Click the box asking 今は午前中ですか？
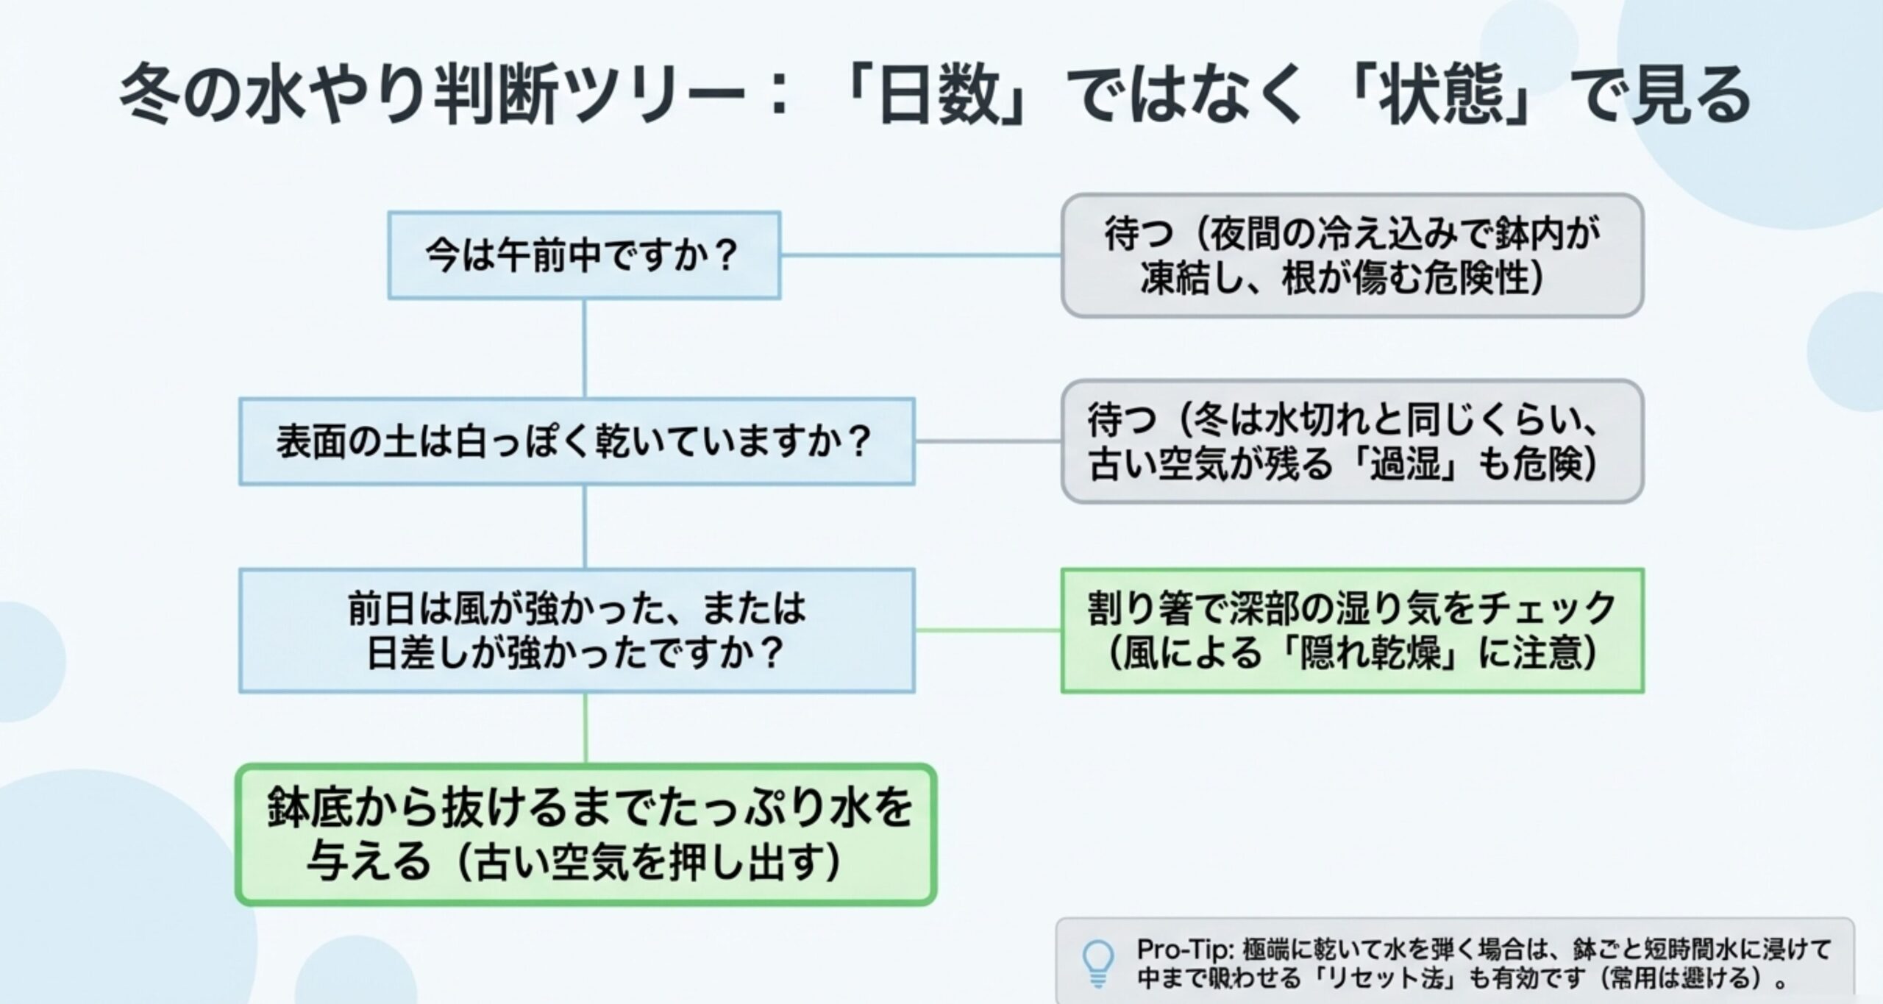tap(584, 255)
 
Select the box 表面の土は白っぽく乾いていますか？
tap(577, 441)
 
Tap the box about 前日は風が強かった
tap(577, 630)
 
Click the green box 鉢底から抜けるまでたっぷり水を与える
tap(585, 835)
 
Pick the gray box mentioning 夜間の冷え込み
tap(1352, 255)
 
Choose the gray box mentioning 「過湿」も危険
tap(1352, 441)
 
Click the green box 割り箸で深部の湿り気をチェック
tap(1352, 630)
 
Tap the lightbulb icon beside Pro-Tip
tap(1097, 963)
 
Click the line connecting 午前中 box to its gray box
tap(919, 255)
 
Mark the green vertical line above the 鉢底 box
tap(585, 728)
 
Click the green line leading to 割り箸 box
tap(987, 630)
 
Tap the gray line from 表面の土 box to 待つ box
tap(987, 441)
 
